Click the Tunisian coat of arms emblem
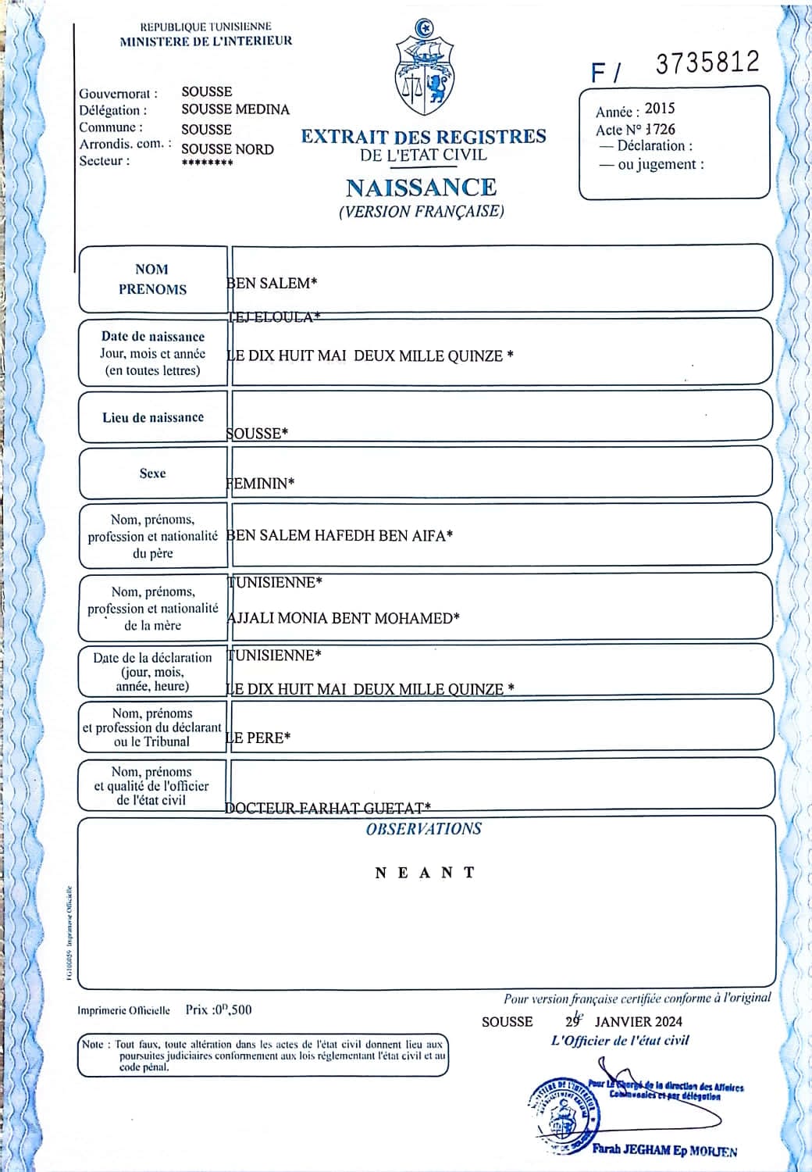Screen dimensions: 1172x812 [x=425, y=70]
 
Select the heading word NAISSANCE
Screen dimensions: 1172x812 [x=421, y=188]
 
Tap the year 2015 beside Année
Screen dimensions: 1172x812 [x=660, y=109]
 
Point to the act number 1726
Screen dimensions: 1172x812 [x=661, y=129]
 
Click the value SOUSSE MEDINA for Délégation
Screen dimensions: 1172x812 [x=235, y=109]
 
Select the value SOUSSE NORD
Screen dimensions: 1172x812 [x=227, y=149]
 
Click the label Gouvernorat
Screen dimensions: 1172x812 [x=118, y=94]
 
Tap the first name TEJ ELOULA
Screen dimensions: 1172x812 [x=273, y=316]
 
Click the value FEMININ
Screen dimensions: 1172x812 [x=261, y=484]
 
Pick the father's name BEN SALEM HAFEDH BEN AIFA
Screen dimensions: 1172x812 [x=340, y=536]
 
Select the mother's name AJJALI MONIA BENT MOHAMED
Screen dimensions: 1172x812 [x=343, y=618]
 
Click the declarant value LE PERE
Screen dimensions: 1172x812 [x=258, y=738]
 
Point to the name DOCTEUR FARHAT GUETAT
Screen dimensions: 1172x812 [x=327, y=808]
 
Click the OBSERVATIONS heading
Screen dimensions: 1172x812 [x=424, y=829]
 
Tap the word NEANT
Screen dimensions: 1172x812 [x=425, y=873]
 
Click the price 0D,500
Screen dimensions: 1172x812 [x=231, y=1009]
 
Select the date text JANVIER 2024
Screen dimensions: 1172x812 [x=638, y=1021]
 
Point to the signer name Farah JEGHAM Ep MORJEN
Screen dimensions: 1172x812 [x=664, y=1150]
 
